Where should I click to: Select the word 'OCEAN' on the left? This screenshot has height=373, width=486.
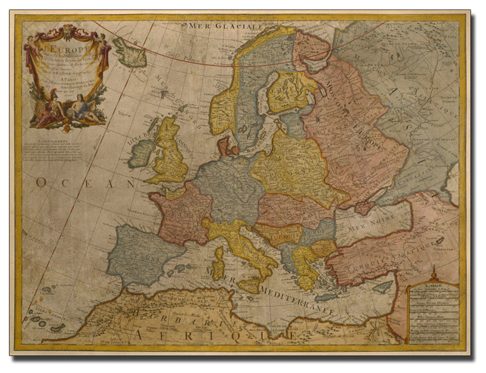point(85,184)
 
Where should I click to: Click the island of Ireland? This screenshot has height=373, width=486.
point(142,154)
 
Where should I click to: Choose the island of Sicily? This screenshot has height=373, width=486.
point(249,286)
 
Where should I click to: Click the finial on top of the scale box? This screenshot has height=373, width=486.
point(434,272)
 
